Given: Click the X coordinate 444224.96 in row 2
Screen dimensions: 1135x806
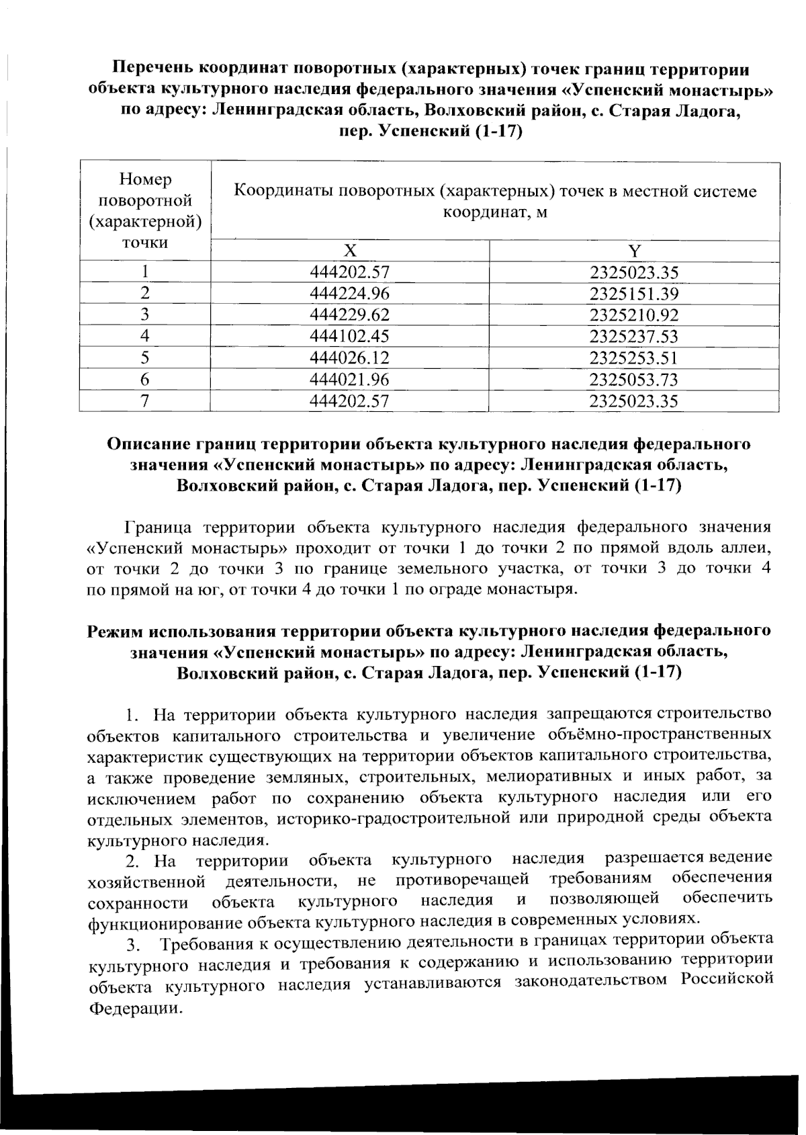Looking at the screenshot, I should [349, 294].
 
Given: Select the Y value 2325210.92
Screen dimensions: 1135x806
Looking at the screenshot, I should [634, 316].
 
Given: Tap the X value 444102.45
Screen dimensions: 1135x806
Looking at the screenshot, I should [349, 337].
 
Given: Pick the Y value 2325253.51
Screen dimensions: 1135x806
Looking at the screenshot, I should [634, 358].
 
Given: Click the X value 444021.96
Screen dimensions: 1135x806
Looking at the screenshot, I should [349, 380].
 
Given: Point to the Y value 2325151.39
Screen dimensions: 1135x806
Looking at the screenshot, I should [634, 294].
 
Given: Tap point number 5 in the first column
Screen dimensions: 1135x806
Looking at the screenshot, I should [144, 358].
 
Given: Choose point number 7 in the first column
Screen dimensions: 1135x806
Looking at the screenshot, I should [144, 401].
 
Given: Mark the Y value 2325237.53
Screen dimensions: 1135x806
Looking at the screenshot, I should [634, 337].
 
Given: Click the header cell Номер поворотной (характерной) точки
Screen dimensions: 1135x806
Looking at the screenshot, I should [145, 211].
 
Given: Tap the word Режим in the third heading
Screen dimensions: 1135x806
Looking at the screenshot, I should [116, 632].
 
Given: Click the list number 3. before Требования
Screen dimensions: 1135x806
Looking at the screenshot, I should [133, 947].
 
